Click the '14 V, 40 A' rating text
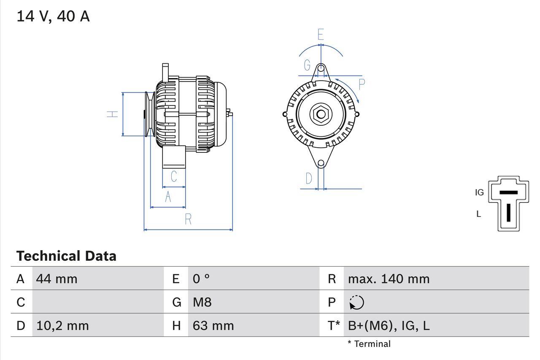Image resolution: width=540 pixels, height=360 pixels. pyautogui.click(x=53, y=16)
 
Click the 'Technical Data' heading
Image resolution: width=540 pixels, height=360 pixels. pyautogui.click(x=66, y=256)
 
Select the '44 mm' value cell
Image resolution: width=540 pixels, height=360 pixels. pyautogui.click(x=57, y=279)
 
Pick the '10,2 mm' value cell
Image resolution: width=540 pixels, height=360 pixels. pyautogui.click(x=62, y=326)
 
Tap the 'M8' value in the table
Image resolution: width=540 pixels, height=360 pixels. pyautogui.click(x=202, y=302)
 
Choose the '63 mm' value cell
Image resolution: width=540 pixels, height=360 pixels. pyautogui.click(x=213, y=326)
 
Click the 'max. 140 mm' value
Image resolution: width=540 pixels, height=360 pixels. pyautogui.click(x=389, y=279)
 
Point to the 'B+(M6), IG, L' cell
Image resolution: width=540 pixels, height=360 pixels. pyautogui.click(x=389, y=326)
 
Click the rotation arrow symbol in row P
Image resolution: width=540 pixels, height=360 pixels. pyautogui.click(x=356, y=303)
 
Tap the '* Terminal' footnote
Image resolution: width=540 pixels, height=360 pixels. pyautogui.click(x=369, y=344)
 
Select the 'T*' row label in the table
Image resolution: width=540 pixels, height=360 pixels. pyautogui.click(x=333, y=326)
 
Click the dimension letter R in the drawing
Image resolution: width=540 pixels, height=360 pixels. pyautogui.click(x=188, y=219)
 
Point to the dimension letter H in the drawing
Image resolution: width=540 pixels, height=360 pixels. pyautogui.click(x=112, y=114)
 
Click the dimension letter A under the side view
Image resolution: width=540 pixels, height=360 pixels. pyautogui.click(x=168, y=197)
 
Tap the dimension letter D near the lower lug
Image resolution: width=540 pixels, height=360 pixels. pyautogui.click(x=309, y=179)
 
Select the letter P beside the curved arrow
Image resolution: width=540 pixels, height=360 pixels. pyautogui.click(x=362, y=84)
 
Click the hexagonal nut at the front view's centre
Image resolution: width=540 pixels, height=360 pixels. pyautogui.click(x=321, y=114)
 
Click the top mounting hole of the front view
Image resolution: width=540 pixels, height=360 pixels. pyautogui.click(x=321, y=68)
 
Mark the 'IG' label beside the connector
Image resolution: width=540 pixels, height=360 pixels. pyautogui.click(x=479, y=192)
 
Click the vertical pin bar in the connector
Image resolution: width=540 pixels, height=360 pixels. pyautogui.click(x=508, y=212)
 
